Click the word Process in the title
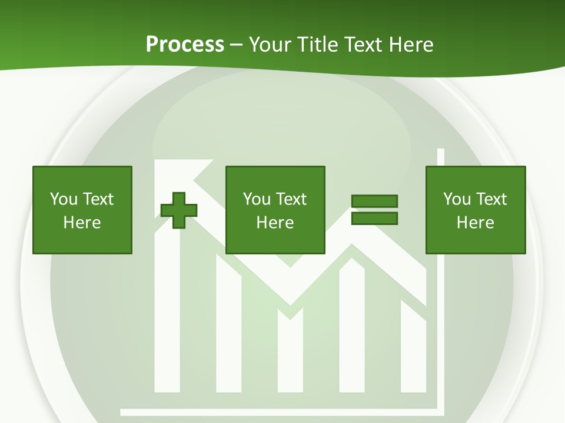pyautogui.click(x=185, y=44)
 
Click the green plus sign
pyautogui.click(x=179, y=210)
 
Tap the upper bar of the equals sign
pyautogui.click(x=374, y=202)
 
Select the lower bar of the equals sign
pyautogui.click(x=374, y=219)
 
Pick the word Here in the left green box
pyautogui.click(x=82, y=223)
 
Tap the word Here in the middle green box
pyautogui.click(x=275, y=223)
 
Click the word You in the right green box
pyautogui.click(x=457, y=199)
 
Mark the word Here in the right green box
pyautogui.click(x=475, y=223)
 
